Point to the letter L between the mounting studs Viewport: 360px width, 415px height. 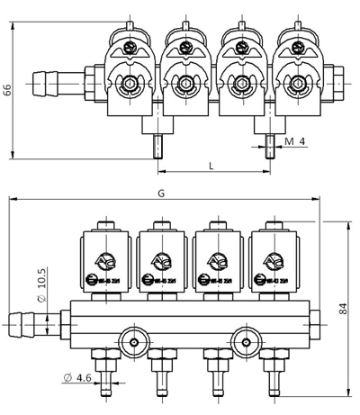pos(210,165)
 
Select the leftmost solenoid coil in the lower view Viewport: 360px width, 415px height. pos(107,261)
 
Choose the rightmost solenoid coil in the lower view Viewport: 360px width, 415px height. pos(273,261)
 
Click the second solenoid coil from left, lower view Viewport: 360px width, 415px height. pos(163,261)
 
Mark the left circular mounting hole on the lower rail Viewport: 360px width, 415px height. pos(134,342)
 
